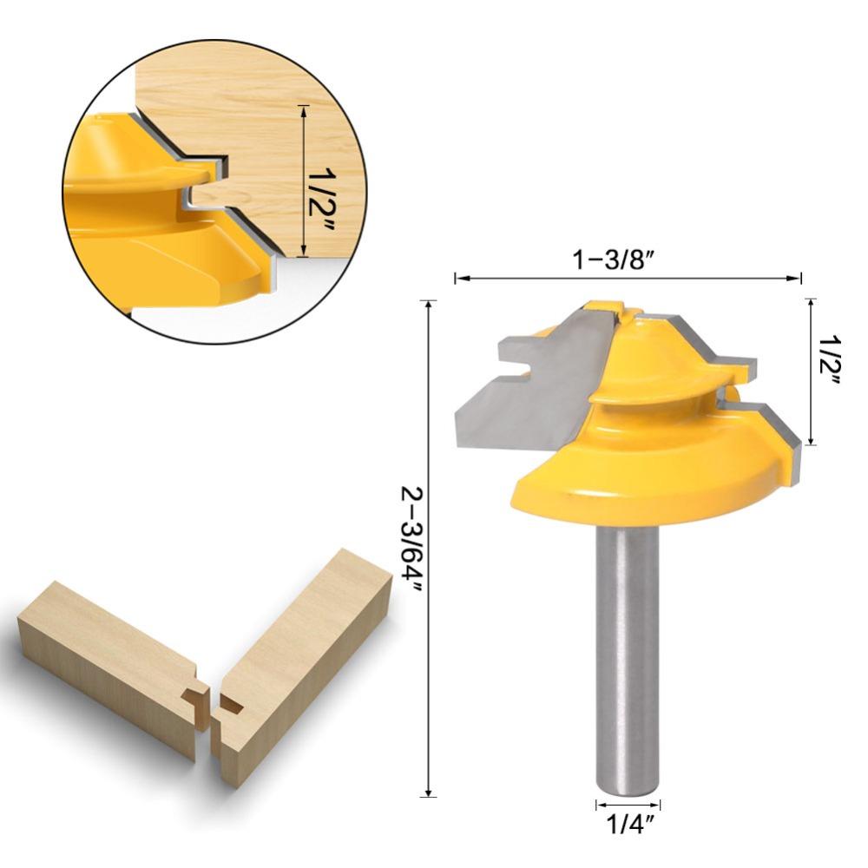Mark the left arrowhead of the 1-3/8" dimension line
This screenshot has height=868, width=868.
pos(459,278)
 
